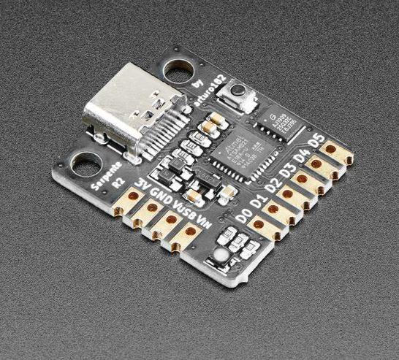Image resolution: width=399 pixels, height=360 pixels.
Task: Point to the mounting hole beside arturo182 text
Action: tap(176, 71)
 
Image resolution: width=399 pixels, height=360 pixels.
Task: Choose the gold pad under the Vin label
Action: tap(190, 232)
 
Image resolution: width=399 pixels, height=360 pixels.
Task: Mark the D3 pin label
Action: tap(284, 170)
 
